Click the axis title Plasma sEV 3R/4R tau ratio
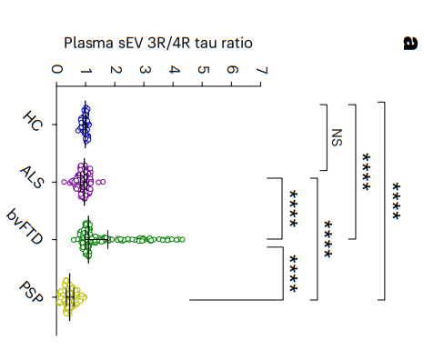[x=158, y=43]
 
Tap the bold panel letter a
[x=410, y=43]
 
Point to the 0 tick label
[x=56, y=69]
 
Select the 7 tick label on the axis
[x=262, y=70]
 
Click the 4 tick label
[x=174, y=70]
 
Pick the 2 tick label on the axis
[x=116, y=70]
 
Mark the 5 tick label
[x=203, y=70]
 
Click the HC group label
[x=32, y=121]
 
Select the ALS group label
[x=32, y=177]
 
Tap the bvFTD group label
[x=25, y=226]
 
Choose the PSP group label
[x=31, y=292]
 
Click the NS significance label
[x=337, y=137]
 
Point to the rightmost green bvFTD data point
[x=183, y=239]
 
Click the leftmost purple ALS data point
[x=64, y=182]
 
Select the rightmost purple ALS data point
[x=103, y=182]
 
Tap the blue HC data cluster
[x=84, y=125]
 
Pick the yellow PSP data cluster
[x=72, y=297]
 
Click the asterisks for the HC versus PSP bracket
[x=396, y=201]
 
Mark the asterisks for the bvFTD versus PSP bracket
[x=293, y=274]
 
